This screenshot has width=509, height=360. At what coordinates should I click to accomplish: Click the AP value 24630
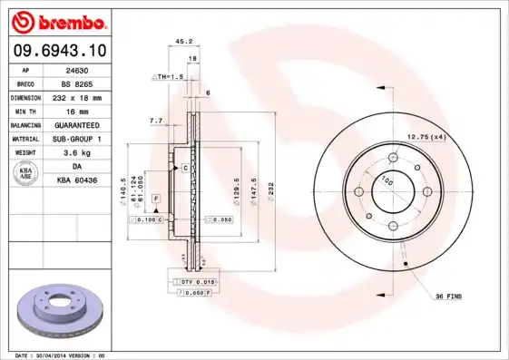[x=77, y=69]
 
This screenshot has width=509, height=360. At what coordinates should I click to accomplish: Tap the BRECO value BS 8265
[x=77, y=83]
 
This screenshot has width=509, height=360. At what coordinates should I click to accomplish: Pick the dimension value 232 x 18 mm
[x=77, y=96]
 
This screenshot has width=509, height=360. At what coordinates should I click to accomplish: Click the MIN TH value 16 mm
[x=77, y=111]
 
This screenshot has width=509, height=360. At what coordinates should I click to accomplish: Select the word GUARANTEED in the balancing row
[x=77, y=124]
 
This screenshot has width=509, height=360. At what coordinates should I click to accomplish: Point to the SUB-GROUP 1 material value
[x=77, y=139]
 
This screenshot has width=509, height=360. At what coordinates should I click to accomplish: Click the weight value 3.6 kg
[x=77, y=152]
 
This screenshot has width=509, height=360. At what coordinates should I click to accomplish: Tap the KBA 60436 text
[x=77, y=180]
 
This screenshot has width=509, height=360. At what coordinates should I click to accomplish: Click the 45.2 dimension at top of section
[x=181, y=41]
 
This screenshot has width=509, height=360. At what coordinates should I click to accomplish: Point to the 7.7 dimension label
[x=155, y=121]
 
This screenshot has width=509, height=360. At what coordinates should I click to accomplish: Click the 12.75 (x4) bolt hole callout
[x=427, y=136]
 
